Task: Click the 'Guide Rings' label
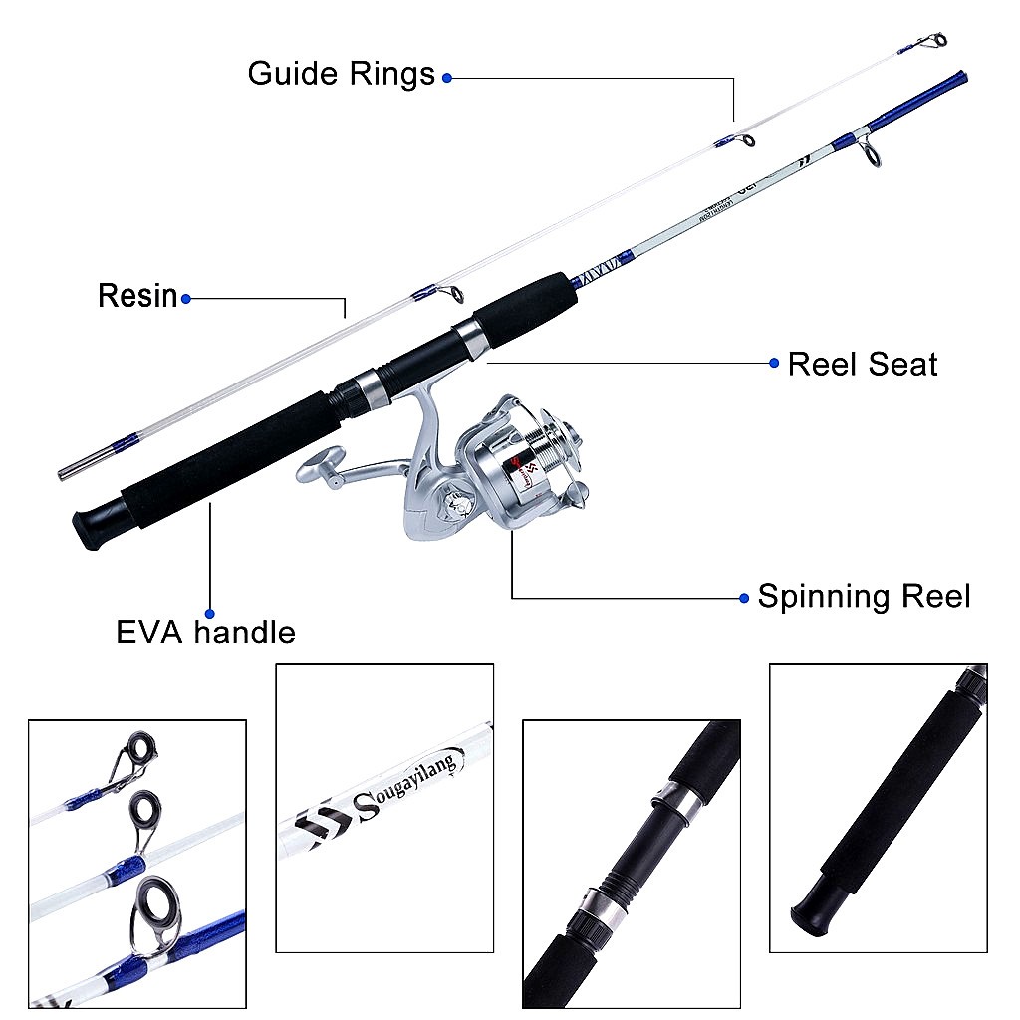(x=341, y=74)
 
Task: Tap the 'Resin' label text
(x=137, y=296)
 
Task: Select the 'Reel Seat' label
(x=863, y=364)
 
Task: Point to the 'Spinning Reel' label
(x=864, y=597)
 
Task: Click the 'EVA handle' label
(x=205, y=633)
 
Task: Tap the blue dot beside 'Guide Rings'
(x=447, y=77)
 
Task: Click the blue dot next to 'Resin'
(x=185, y=297)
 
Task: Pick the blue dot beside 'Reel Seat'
(x=774, y=364)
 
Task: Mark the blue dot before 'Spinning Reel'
(x=744, y=598)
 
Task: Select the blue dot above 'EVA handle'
(x=209, y=613)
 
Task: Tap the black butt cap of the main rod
(x=91, y=526)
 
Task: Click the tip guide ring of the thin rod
(x=936, y=41)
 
